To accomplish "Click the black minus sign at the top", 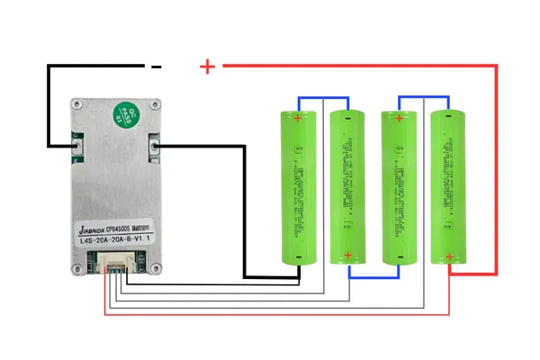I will [156, 66].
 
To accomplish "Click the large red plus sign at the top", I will [208, 66].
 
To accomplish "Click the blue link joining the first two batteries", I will [322, 98].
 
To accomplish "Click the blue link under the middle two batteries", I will [372, 277].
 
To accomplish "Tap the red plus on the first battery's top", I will [298, 117].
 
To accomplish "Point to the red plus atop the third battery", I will [397, 117].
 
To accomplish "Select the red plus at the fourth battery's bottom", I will [446, 256].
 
